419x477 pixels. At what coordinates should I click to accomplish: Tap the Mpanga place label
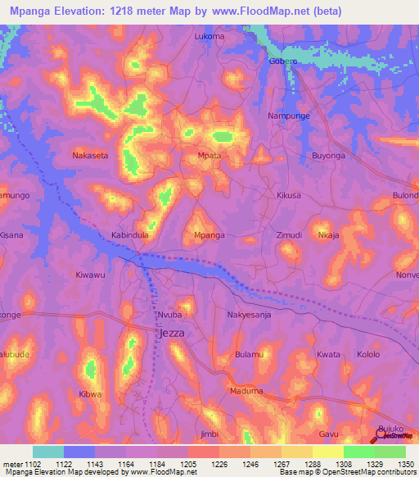(x=209, y=235)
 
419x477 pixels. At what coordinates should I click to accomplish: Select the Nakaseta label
(x=90, y=154)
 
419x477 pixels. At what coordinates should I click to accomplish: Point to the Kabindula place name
(x=129, y=234)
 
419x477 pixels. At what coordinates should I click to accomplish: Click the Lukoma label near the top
(x=209, y=37)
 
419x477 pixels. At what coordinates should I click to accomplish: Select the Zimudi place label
(x=289, y=235)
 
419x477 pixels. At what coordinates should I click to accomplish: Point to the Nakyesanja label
(x=249, y=314)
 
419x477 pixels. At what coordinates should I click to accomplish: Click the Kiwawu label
(x=90, y=275)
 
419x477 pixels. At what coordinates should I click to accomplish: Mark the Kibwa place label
(x=90, y=394)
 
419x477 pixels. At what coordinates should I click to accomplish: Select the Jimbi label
(x=209, y=434)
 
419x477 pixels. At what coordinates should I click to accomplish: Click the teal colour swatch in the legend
(x=48, y=452)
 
